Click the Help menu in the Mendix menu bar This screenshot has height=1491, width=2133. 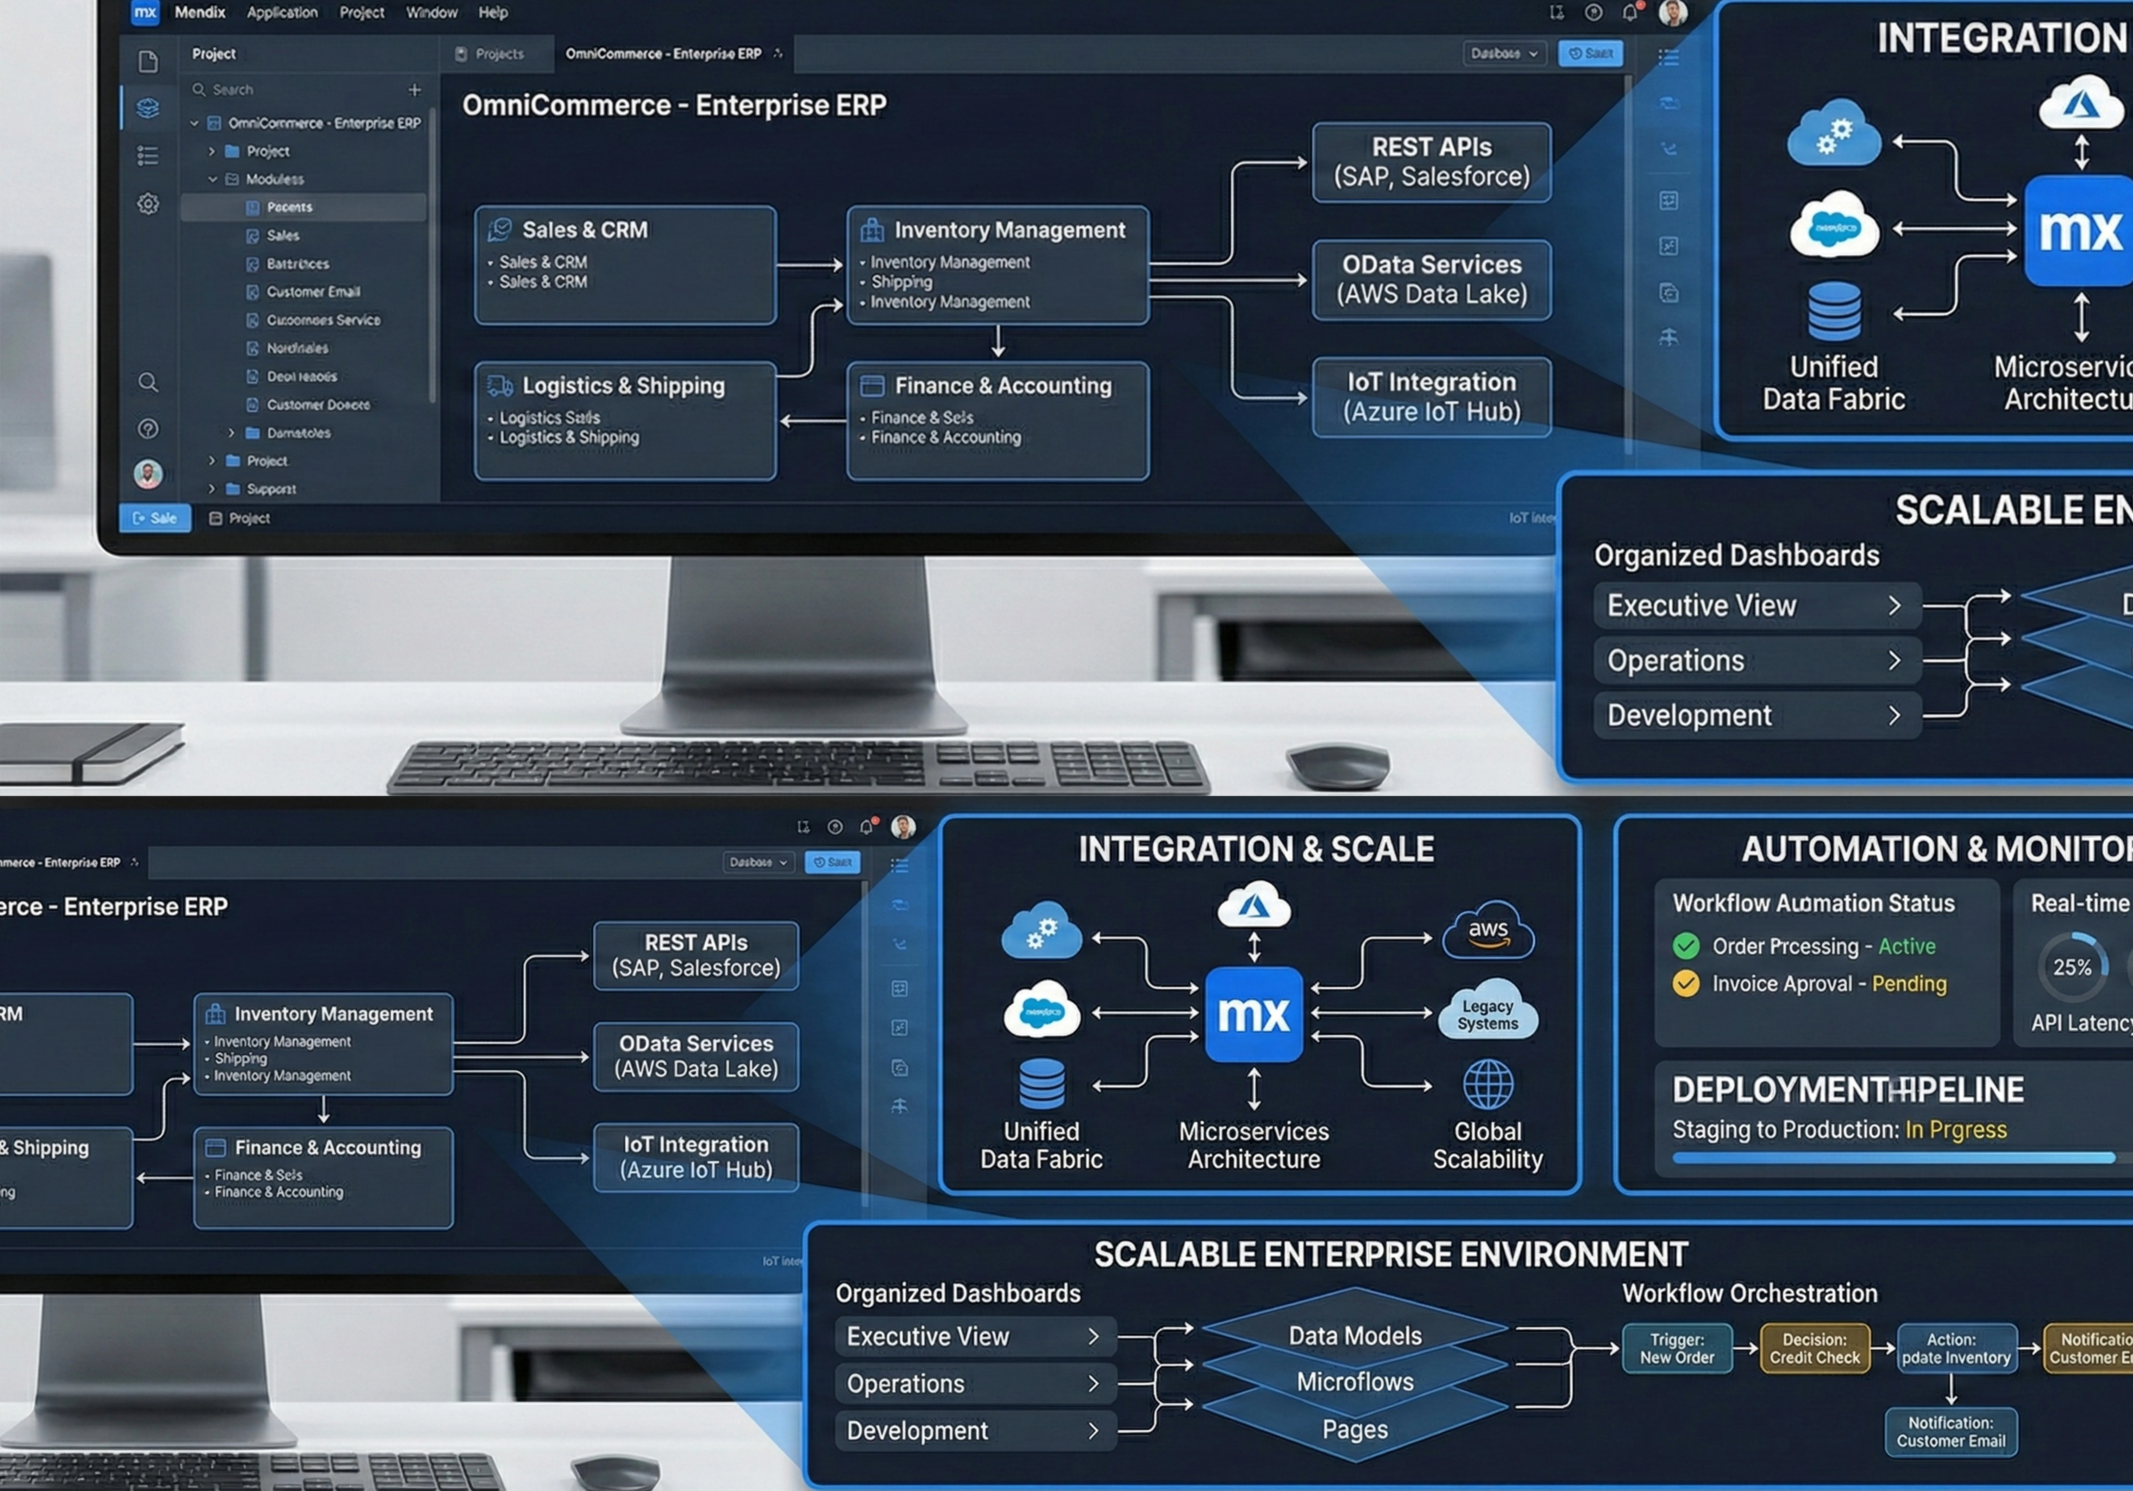click(492, 12)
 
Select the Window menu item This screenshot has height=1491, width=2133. click(431, 12)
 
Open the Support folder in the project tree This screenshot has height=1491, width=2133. click(271, 489)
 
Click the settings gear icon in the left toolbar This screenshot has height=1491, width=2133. click(148, 204)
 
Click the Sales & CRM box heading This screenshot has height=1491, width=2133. click(584, 230)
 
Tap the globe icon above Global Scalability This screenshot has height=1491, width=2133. click(1487, 1084)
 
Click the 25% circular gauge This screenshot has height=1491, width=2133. click(2071, 967)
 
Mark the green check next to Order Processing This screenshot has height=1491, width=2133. click(1685, 946)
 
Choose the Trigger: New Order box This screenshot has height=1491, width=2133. click(1677, 1348)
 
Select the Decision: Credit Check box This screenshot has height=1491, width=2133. click(1814, 1348)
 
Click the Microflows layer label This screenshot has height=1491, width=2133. click(1354, 1381)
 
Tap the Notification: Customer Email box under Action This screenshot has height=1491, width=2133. click(1950, 1432)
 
